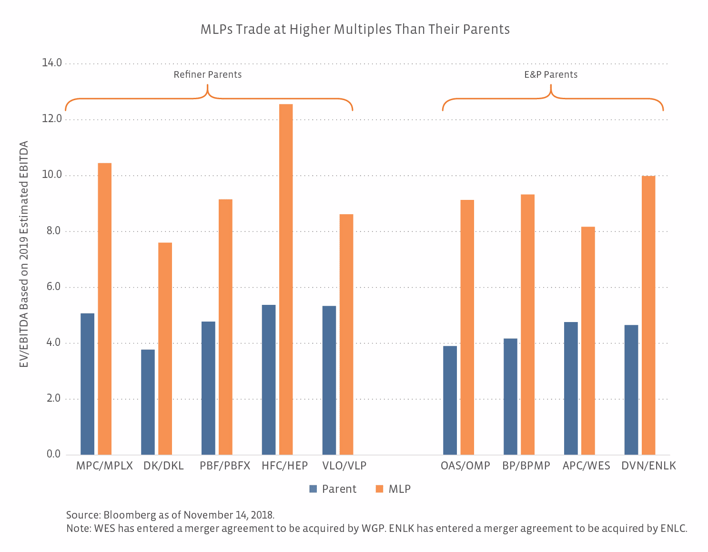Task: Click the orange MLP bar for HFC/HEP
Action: (x=286, y=279)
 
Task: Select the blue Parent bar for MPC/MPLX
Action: (x=87, y=384)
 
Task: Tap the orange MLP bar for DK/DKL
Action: (x=165, y=348)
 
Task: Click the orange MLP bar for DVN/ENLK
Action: (x=648, y=315)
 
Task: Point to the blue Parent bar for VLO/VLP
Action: (x=329, y=380)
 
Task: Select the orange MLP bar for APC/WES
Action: (x=588, y=340)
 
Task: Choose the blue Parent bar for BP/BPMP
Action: (x=510, y=396)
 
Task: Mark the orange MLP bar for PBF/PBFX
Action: (x=225, y=327)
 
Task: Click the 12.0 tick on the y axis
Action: (x=52, y=119)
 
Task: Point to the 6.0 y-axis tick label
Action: (x=53, y=287)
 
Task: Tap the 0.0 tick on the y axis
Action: (x=53, y=454)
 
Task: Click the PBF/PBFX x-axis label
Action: (x=225, y=466)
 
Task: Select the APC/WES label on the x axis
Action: (x=586, y=466)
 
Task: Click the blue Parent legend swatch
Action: (x=313, y=489)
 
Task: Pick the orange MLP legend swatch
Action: (x=379, y=489)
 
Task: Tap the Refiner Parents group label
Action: (x=207, y=75)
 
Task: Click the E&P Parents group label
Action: (x=551, y=75)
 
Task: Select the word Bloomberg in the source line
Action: (x=130, y=515)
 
